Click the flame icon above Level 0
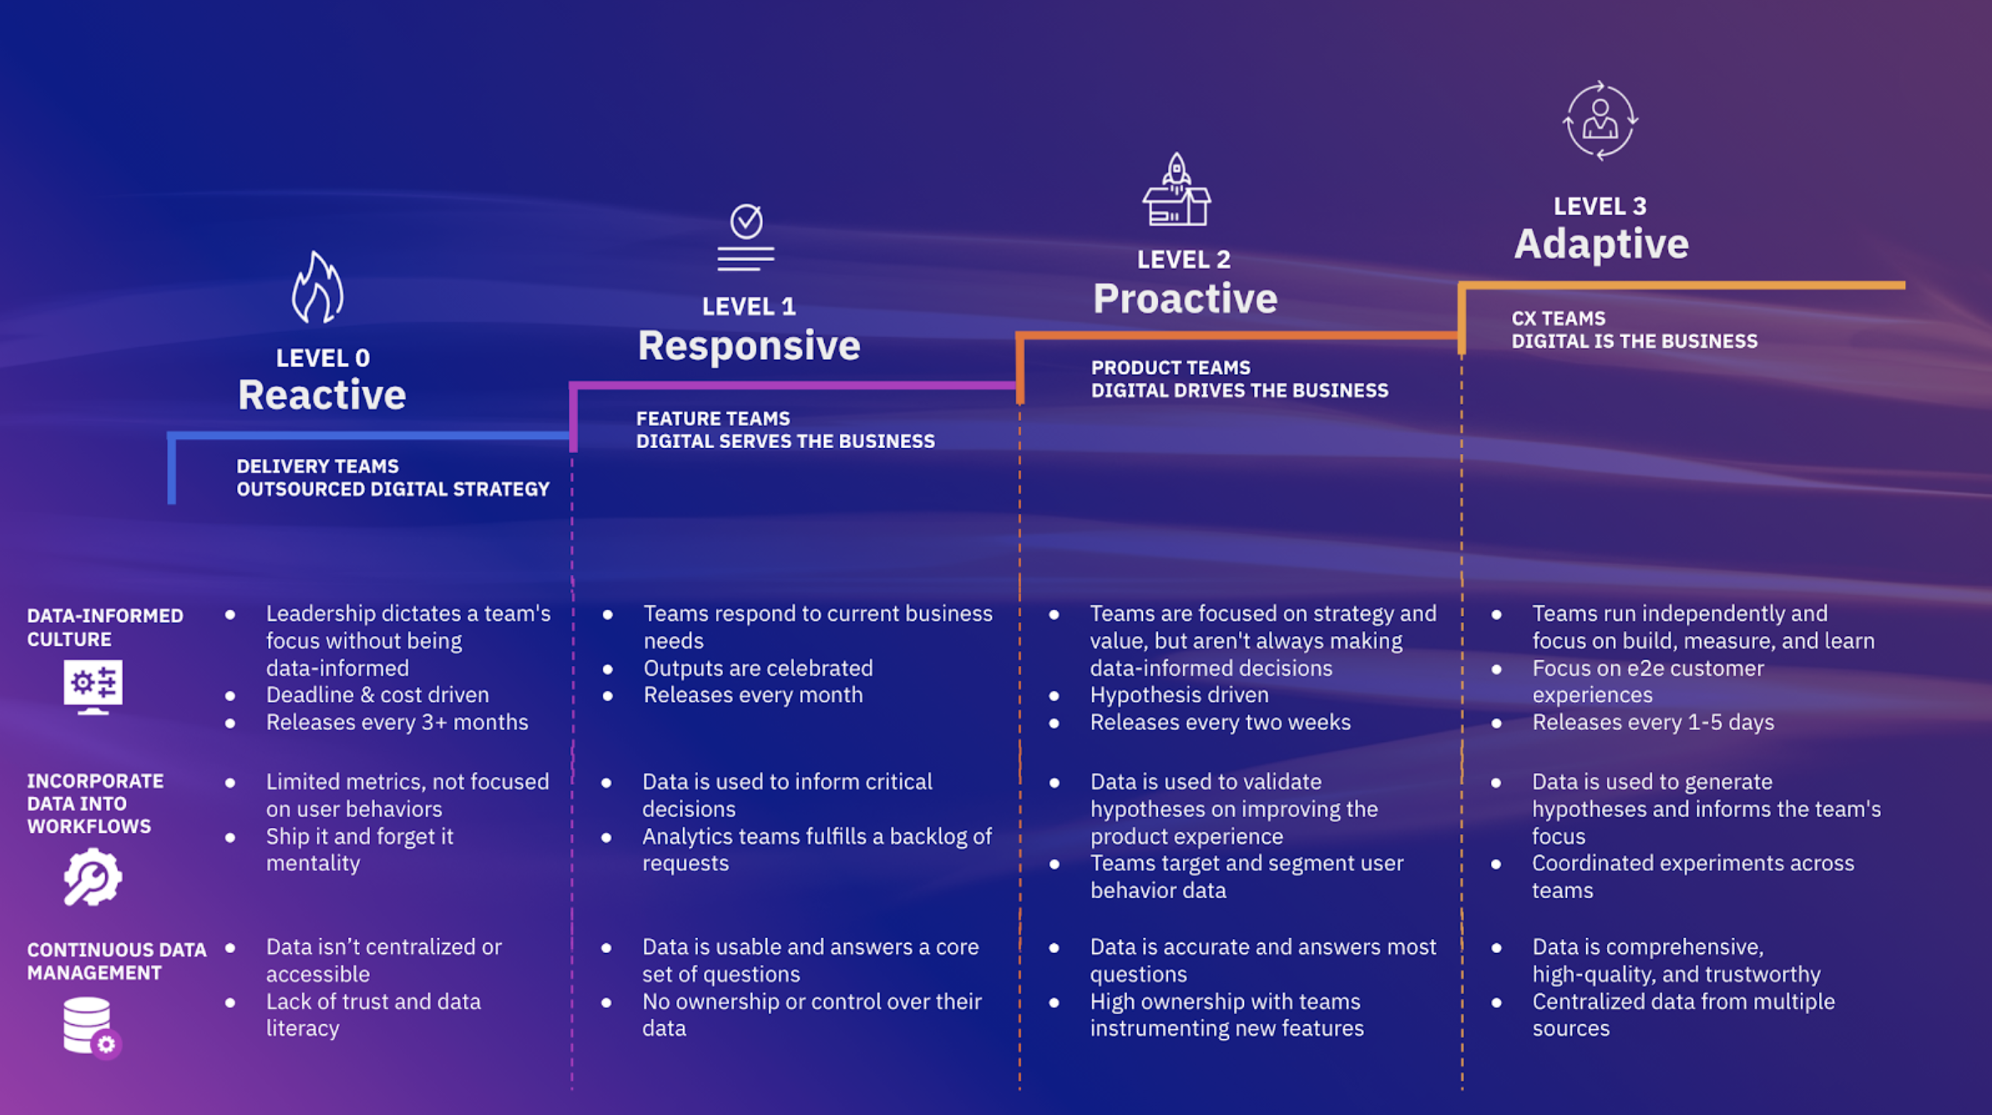point(317,288)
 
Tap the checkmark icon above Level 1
point(746,237)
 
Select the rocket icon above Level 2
point(1176,190)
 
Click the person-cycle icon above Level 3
point(1600,121)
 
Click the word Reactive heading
point(321,395)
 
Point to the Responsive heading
point(749,346)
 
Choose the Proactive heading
point(1185,299)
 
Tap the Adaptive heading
point(1600,245)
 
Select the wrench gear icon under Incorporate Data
point(92,877)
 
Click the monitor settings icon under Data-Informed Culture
point(93,686)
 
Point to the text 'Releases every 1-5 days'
point(1652,722)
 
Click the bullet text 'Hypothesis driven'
point(1179,694)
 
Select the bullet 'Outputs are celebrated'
point(757,668)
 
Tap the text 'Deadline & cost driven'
point(377,694)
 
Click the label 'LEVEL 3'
point(1600,206)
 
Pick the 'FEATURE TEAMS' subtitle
point(712,418)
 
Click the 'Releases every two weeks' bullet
point(1220,722)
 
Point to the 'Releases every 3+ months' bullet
point(397,722)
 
